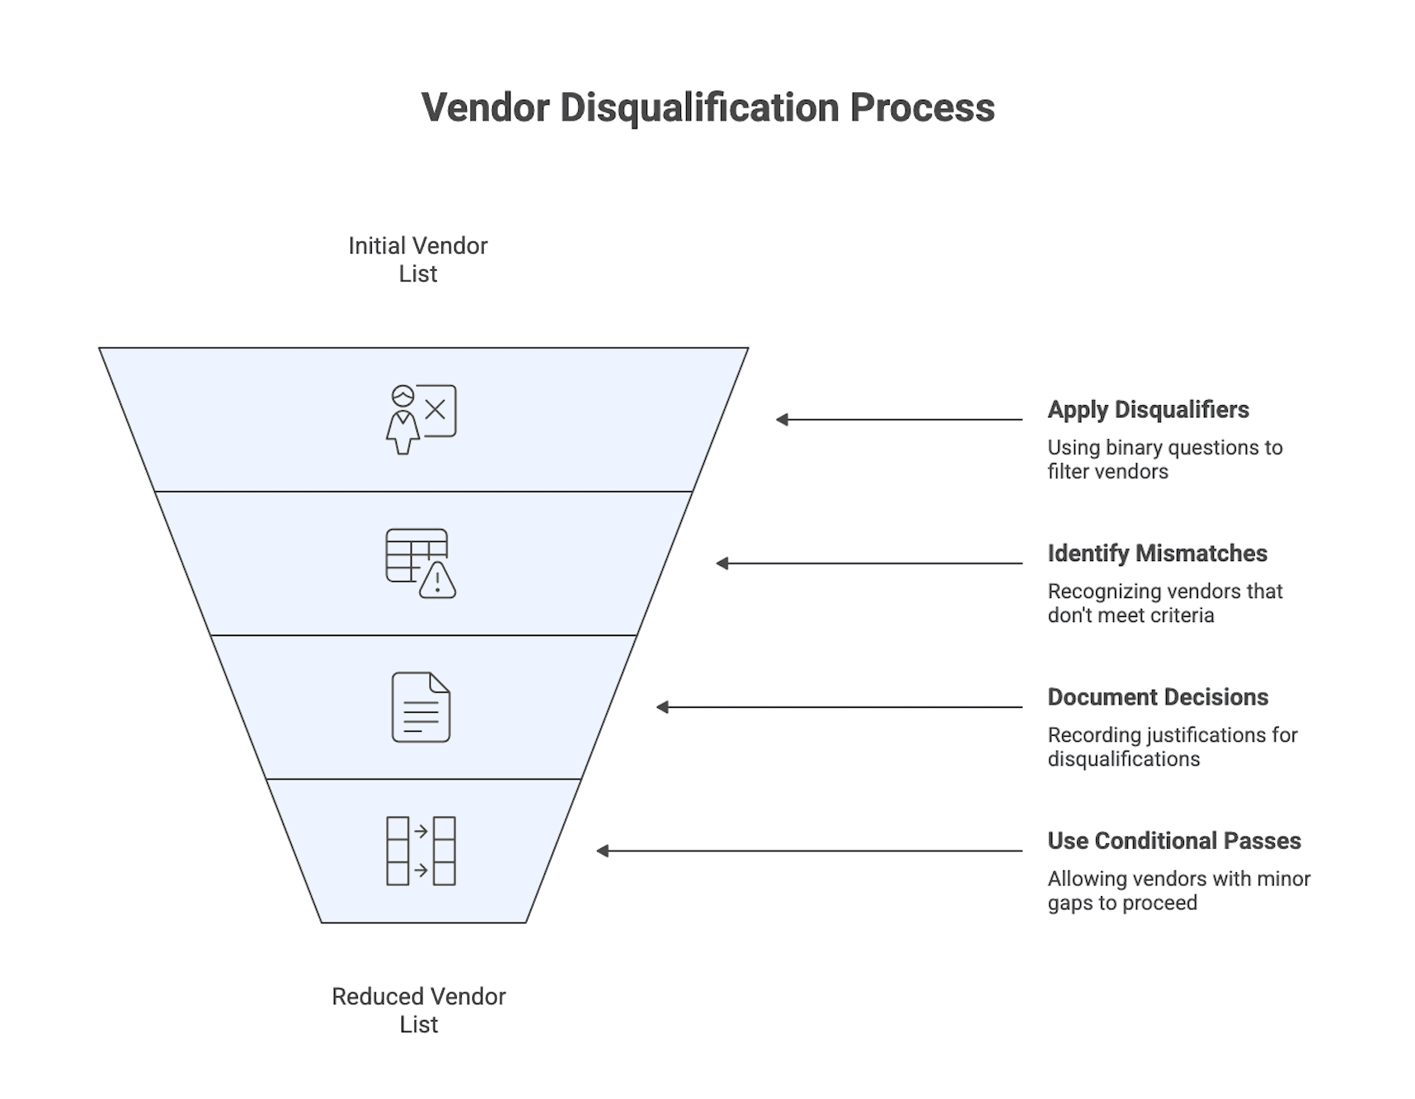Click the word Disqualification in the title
coord(699,108)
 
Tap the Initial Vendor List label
coord(417,259)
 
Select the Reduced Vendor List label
coord(418,1010)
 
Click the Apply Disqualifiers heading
coord(1148,410)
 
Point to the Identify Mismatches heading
coord(1157,554)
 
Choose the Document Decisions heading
coord(1158,697)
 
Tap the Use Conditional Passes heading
coord(1173,841)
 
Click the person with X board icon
coord(421,419)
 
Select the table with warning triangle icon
coord(421,564)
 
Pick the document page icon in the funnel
coord(421,707)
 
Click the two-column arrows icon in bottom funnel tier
coord(421,851)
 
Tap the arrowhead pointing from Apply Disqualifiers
coord(782,420)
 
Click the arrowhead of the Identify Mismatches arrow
coord(722,564)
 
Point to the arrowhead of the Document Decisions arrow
coord(662,707)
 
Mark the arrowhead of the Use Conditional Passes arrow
coord(603,851)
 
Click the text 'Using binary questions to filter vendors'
coord(1164,460)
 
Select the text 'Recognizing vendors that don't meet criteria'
coord(1164,603)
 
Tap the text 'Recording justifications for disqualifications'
coord(1172,747)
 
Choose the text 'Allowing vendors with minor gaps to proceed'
coord(1178,890)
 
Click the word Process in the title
coord(922,108)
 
